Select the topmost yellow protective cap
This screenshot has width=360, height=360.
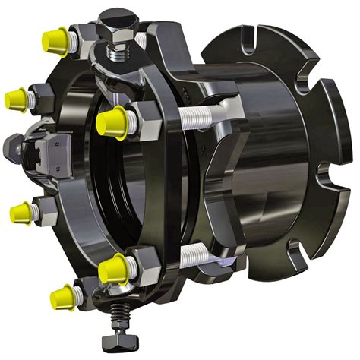[x=55, y=35]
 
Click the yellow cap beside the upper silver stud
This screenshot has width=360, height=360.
[x=112, y=120]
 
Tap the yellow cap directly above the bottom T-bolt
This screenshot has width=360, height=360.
[x=113, y=267]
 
